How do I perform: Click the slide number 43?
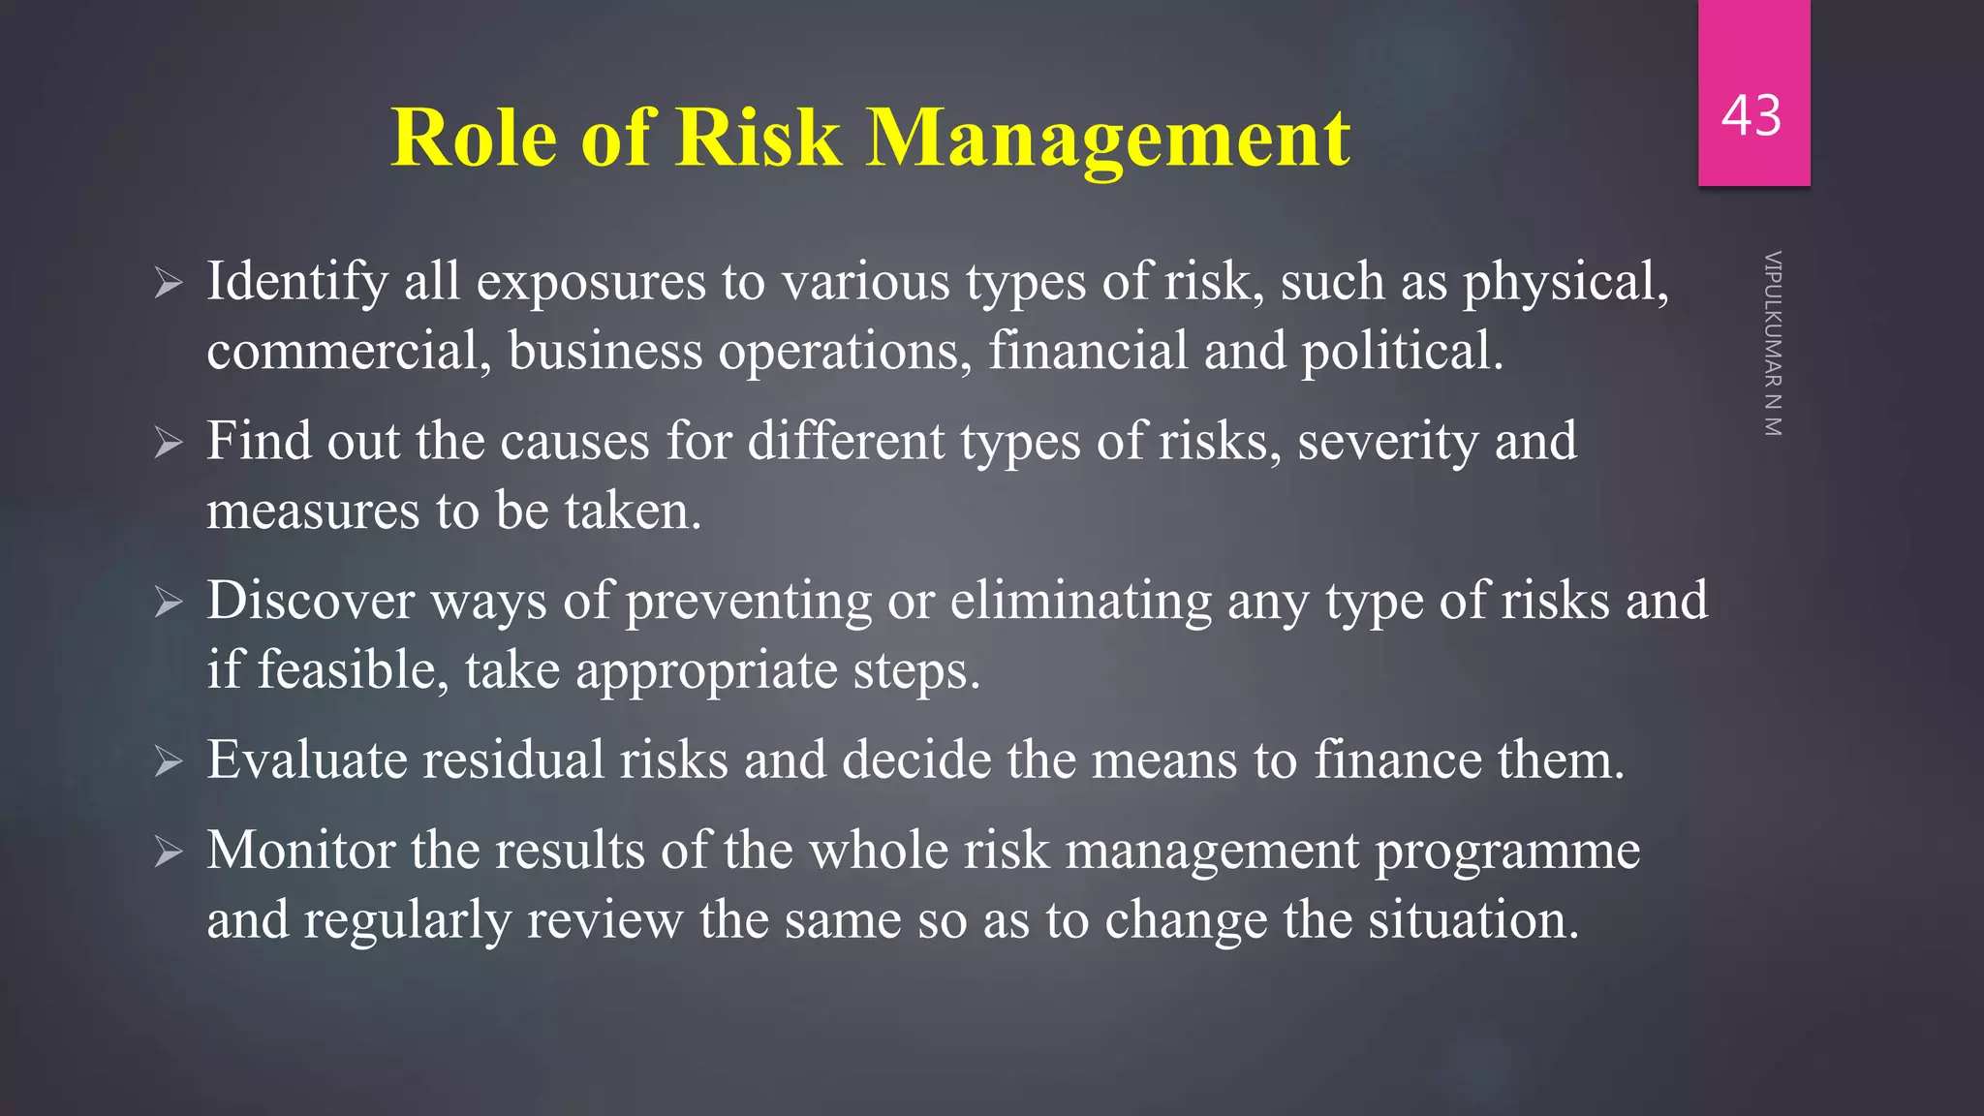(x=1751, y=116)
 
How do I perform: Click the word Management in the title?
(x=1108, y=139)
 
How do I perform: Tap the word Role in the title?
(x=475, y=139)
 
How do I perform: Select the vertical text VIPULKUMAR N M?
(x=1773, y=344)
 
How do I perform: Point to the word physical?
(x=1565, y=283)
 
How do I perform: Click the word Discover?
(x=310, y=601)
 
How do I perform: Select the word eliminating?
(x=1080, y=601)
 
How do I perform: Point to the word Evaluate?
(x=307, y=759)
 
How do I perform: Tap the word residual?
(x=514, y=759)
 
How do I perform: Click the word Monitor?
(x=300, y=851)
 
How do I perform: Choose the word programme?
(x=1507, y=852)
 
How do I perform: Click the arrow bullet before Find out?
(x=169, y=444)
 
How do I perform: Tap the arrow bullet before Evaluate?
(x=169, y=762)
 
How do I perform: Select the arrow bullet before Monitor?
(x=169, y=852)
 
